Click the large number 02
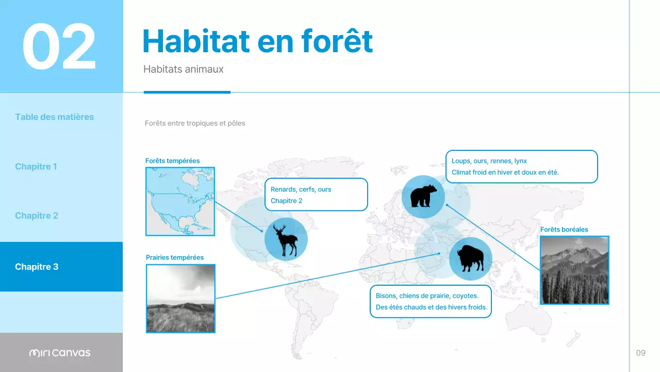click(x=59, y=47)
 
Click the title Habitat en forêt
click(x=257, y=41)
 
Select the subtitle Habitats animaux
click(x=183, y=69)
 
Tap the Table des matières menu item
click(x=54, y=117)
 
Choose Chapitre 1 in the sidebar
click(x=36, y=166)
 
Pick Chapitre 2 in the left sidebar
click(x=36, y=215)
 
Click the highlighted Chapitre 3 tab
click(x=37, y=267)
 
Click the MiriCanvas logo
click(x=60, y=353)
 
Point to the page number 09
click(x=640, y=353)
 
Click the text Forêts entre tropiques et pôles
click(x=195, y=123)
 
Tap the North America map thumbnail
click(x=180, y=201)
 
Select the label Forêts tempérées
click(x=172, y=161)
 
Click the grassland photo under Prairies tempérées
click(x=180, y=298)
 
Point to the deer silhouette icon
click(x=286, y=240)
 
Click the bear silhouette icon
click(x=423, y=197)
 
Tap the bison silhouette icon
click(x=470, y=258)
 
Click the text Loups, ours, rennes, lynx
click(x=489, y=161)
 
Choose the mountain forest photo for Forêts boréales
click(x=574, y=270)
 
